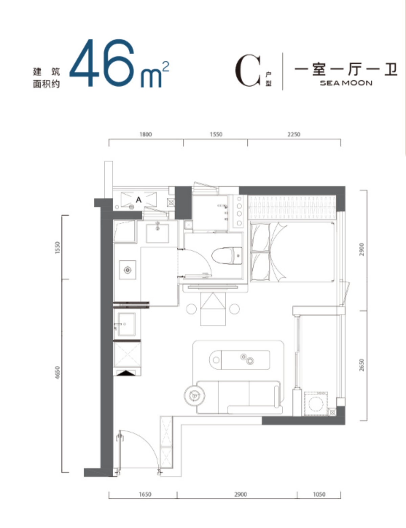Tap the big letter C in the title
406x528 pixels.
248,71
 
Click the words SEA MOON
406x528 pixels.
346,83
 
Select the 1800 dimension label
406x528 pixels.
145,134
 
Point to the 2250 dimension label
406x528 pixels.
294,134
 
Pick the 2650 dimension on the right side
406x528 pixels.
362,365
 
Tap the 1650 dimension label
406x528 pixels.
145,494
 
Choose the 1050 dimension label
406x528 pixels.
319,494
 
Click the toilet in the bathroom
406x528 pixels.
227,256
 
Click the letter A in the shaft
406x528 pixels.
139,200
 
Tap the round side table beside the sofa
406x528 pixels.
194,396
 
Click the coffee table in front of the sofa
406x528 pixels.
240,360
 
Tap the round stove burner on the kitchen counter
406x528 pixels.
128,270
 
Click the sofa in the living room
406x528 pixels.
239,397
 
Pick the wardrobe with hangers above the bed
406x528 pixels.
292,208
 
